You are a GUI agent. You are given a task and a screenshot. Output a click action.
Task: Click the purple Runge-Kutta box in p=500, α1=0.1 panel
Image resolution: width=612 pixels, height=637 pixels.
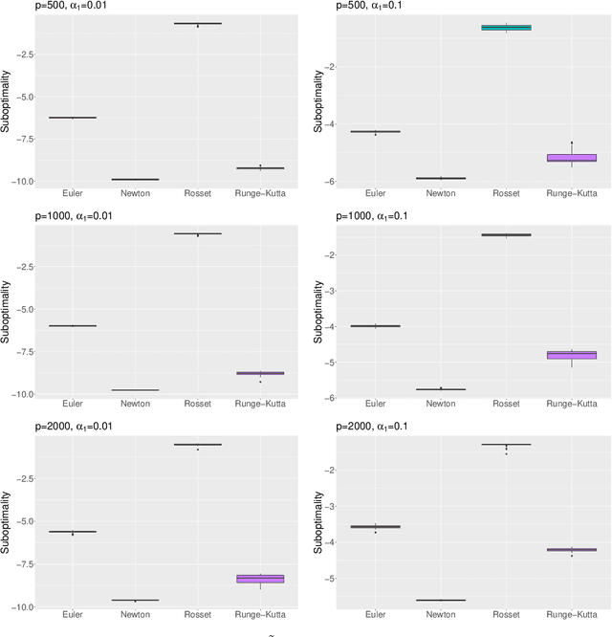[x=572, y=158]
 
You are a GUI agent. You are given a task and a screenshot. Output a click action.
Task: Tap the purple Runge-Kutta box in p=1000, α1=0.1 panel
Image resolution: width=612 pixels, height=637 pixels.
[x=572, y=355]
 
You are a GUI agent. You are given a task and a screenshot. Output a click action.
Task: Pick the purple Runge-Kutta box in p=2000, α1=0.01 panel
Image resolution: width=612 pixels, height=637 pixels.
[x=260, y=579]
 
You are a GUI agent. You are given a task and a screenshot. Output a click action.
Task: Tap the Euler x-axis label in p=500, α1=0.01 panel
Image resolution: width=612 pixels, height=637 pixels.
[x=73, y=193]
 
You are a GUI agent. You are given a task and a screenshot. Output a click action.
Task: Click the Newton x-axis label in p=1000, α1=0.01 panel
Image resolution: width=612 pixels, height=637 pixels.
[x=135, y=404]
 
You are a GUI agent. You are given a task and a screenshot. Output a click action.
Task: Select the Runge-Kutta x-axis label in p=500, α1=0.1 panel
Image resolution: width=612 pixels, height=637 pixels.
[x=572, y=193]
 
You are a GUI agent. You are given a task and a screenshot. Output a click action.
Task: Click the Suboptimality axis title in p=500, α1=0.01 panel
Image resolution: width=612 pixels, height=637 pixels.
[x=7, y=100]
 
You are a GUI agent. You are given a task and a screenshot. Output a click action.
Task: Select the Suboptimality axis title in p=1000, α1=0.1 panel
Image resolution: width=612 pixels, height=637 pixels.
[x=318, y=311]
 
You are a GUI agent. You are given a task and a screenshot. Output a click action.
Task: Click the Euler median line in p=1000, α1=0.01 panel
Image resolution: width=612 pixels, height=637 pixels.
[x=73, y=326]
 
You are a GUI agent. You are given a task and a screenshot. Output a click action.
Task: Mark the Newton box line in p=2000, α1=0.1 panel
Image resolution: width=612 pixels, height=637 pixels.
[x=441, y=601]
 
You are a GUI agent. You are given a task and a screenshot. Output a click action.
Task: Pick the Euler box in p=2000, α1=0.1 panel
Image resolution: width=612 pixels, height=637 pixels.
[x=376, y=527]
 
